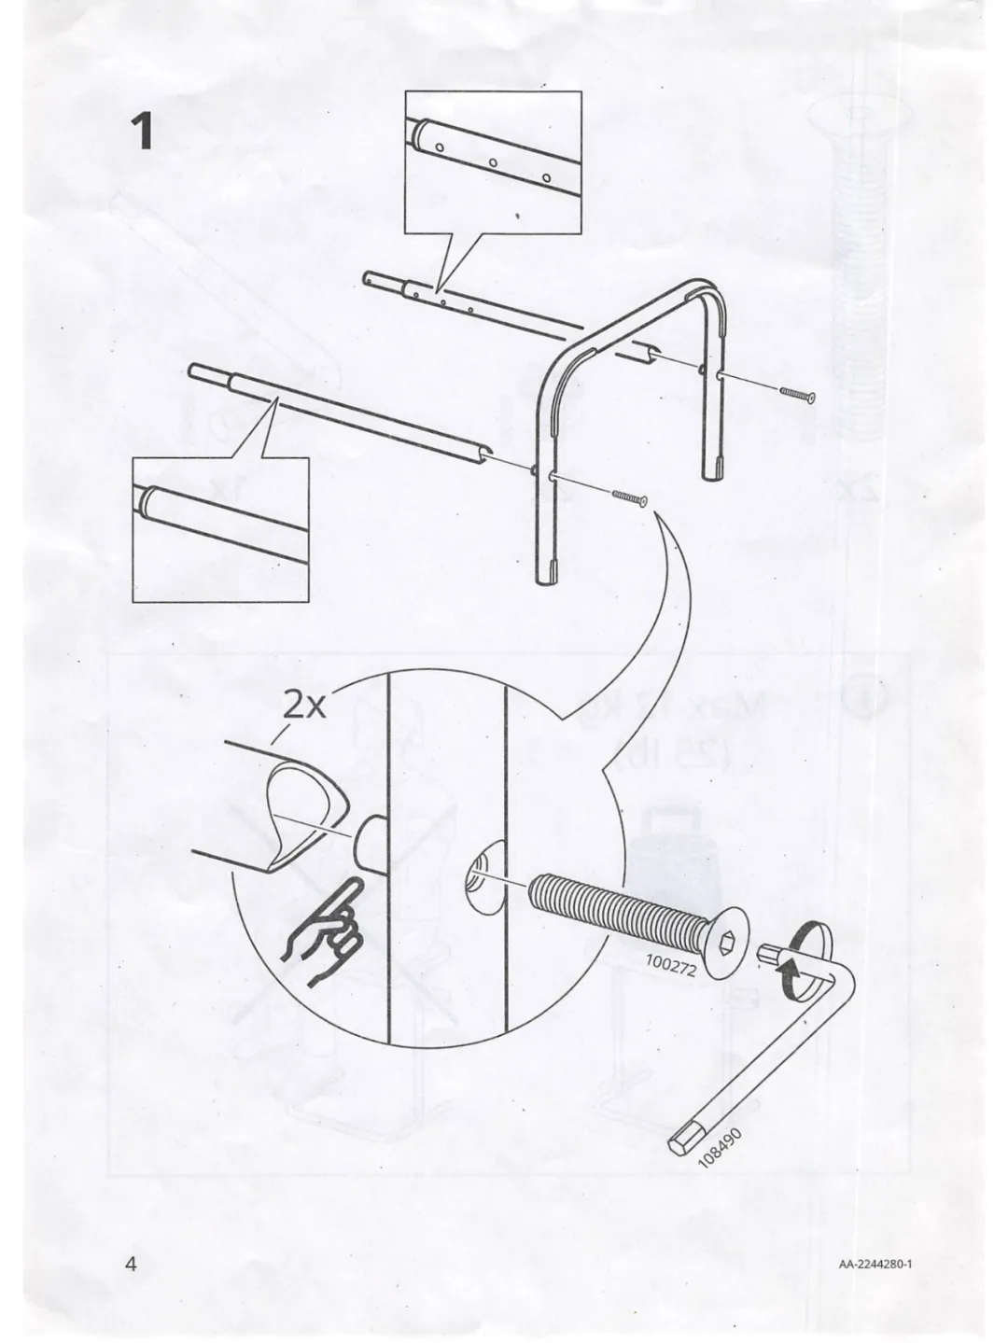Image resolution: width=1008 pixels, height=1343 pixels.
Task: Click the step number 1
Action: (143, 133)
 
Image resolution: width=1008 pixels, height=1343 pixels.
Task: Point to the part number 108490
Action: (721, 1147)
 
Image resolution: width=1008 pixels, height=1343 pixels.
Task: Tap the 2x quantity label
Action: (305, 706)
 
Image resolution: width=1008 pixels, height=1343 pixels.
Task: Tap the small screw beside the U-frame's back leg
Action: (797, 394)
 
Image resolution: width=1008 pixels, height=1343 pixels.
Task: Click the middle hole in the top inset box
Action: (492, 163)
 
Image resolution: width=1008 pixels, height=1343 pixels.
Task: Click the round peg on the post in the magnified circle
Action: (370, 841)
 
